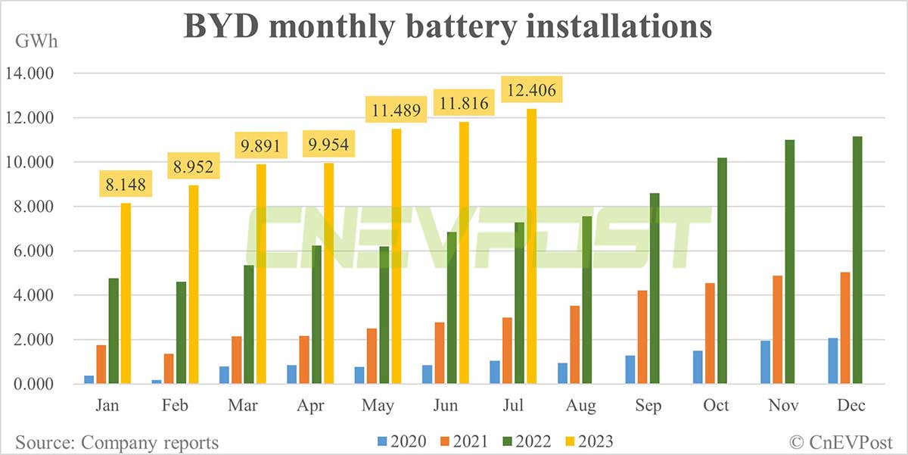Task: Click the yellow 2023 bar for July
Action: tap(532, 247)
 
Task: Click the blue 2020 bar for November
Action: tap(766, 363)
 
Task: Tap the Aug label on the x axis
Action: tap(580, 405)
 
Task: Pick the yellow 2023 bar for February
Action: tap(193, 285)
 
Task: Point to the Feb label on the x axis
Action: tap(175, 405)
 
